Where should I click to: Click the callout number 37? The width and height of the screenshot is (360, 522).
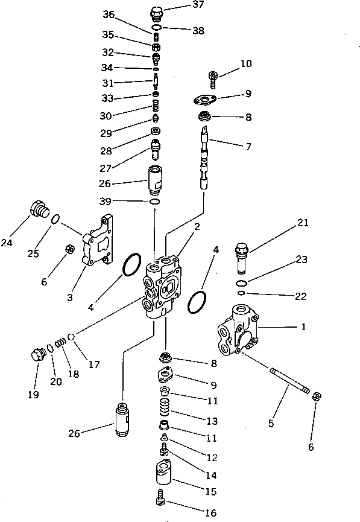tap(181, 7)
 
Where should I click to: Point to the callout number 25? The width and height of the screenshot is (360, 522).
tap(33, 253)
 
